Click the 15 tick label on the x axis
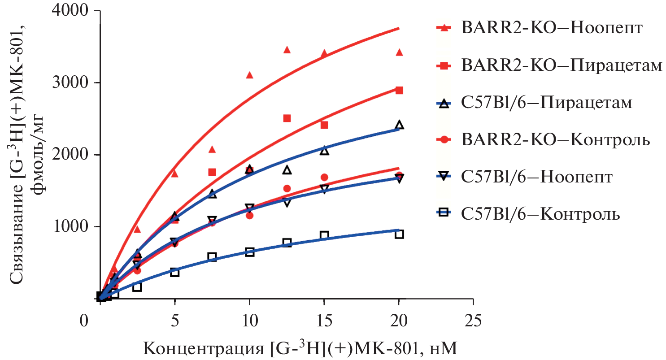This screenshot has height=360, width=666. pyautogui.click(x=324, y=321)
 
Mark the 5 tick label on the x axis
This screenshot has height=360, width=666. pyautogui.click(x=175, y=321)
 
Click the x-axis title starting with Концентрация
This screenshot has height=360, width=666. pyautogui.click(x=301, y=347)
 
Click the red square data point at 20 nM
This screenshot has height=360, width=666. pyautogui.click(x=399, y=90)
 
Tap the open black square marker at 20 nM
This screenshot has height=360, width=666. pyautogui.click(x=399, y=234)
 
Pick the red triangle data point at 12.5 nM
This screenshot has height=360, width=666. pyautogui.click(x=287, y=50)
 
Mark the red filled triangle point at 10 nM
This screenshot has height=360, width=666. pyautogui.click(x=250, y=75)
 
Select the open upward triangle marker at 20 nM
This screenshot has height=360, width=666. pyautogui.click(x=399, y=125)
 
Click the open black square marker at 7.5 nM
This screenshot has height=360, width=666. pyautogui.click(x=212, y=257)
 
